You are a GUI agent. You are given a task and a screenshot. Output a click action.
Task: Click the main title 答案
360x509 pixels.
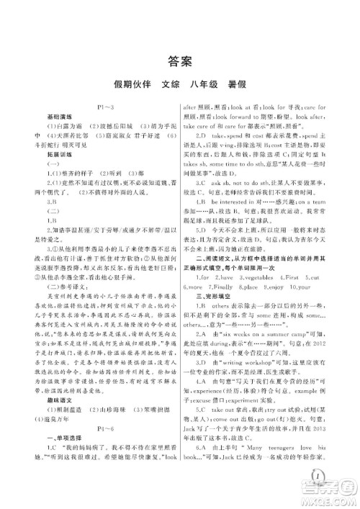[x=179, y=60]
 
